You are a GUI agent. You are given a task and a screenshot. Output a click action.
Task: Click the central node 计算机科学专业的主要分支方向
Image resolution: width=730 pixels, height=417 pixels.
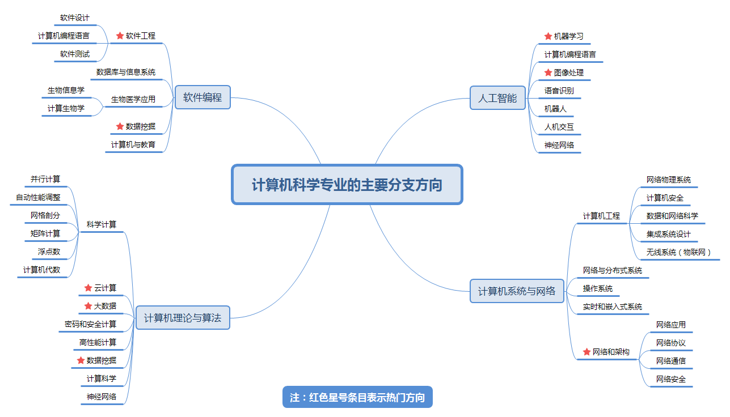pyautogui.click(x=347, y=185)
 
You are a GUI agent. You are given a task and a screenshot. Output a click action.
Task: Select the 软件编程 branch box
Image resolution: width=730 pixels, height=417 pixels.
pyautogui.click(x=202, y=97)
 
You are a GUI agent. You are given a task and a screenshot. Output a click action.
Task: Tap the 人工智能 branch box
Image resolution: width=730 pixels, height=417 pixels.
pyautogui.click(x=497, y=98)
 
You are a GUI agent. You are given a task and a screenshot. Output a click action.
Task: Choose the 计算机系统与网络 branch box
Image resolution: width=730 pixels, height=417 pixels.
pyautogui.click(x=517, y=291)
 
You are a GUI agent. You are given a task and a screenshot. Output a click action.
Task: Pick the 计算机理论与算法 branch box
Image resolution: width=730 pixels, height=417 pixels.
pyautogui.click(x=183, y=318)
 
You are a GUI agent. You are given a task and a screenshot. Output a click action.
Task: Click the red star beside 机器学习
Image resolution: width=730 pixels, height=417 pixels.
pyautogui.click(x=548, y=36)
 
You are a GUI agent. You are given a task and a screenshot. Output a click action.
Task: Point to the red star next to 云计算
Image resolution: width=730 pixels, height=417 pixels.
pyautogui.click(x=88, y=288)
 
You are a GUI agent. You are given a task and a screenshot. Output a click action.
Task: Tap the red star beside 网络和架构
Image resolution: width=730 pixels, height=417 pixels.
pyautogui.click(x=586, y=352)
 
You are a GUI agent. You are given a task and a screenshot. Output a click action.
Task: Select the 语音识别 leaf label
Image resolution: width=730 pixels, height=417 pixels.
pyautogui.click(x=559, y=91)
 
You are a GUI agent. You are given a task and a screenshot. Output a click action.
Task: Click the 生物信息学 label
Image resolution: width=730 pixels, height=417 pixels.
pyautogui.click(x=66, y=90)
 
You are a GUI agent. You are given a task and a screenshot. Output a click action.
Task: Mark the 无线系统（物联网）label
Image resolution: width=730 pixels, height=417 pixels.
pyautogui.click(x=679, y=252)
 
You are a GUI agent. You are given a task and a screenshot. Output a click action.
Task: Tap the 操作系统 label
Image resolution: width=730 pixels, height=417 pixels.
pyautogui.click(x=598, y=288)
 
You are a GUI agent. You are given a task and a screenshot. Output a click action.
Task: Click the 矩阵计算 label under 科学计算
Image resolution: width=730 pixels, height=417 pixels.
pyautogui.click(x=45, y=233)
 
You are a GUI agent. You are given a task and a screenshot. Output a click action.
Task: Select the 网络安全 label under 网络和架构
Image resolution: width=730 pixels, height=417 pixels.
pyautogui.click(x=671, y=379)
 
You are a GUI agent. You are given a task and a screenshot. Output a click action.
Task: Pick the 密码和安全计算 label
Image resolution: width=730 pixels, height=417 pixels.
pyautogui.click(x=91, y=324)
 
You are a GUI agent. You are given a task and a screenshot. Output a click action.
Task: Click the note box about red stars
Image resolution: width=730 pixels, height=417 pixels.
pyautogui.click(x=357, y=397)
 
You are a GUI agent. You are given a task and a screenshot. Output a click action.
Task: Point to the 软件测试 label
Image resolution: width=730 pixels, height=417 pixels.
pyautogui.click(x=75, y=54)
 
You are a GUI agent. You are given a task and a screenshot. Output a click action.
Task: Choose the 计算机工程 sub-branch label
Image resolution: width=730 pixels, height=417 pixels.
pyautogui.click(x=602, y=216)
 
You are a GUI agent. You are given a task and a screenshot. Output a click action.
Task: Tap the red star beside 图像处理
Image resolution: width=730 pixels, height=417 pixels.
pyautogui.click(x=548, y=73)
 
